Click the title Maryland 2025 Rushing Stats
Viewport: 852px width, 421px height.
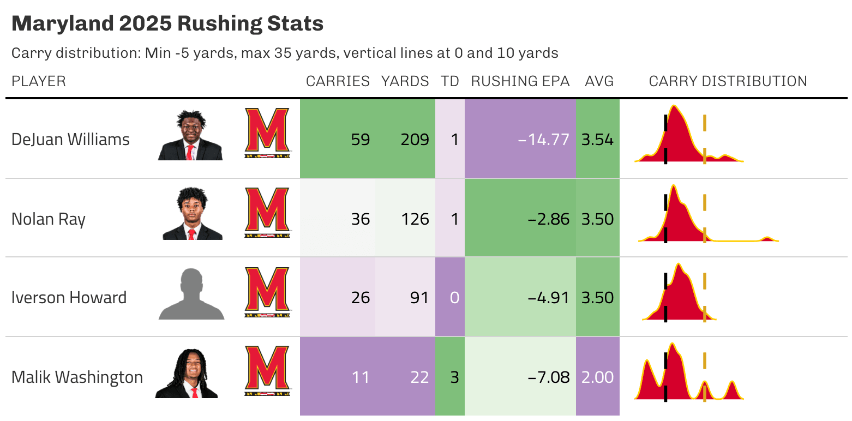[167, 24]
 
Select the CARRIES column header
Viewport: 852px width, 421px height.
[338, 82]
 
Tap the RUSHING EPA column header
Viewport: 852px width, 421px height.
[520, 82]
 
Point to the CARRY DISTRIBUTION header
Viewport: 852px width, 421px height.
[728, 82]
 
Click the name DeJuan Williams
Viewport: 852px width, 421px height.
[70, 140]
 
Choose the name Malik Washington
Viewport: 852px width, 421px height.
[77, 377]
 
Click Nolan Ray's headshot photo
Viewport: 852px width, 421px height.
[192, 214]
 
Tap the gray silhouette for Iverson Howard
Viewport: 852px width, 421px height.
[191, 294]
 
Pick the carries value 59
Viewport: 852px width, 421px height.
[360, 140]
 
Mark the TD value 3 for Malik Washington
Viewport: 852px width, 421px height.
[454, 377]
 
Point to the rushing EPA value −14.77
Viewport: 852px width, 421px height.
[543, 140]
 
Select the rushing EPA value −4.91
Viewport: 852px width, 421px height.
[548, 298]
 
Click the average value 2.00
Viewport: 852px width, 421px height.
[597, 377]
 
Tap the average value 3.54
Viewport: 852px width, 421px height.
[597, 140]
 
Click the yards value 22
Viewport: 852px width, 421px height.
[419, 377]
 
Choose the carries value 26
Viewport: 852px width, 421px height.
[360, 298]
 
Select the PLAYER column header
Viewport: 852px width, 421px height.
[39, 82]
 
